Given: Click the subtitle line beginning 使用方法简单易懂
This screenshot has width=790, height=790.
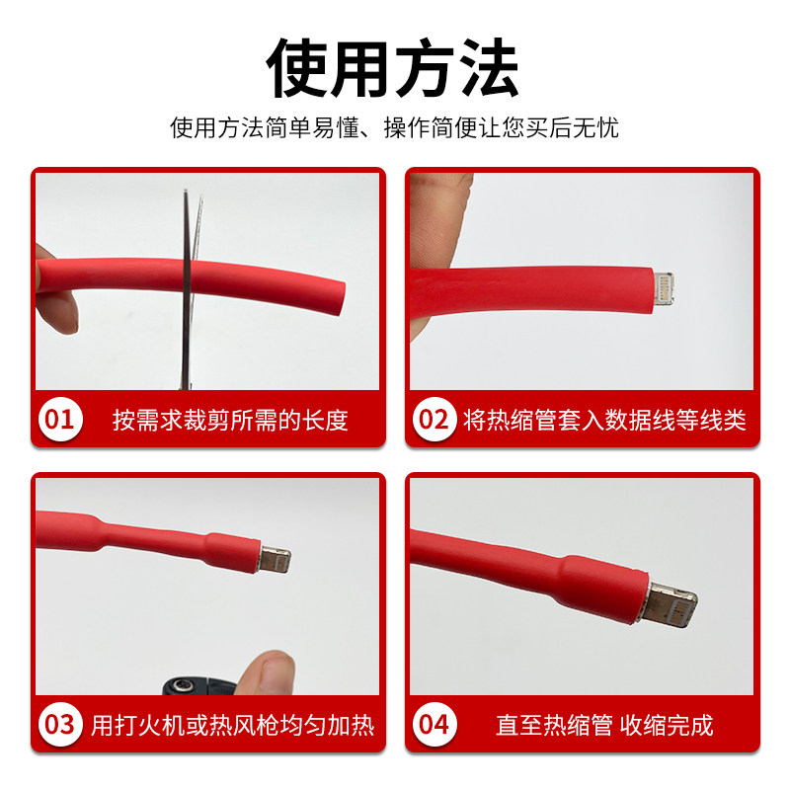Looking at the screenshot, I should pyautogui.click(x=394, y=128).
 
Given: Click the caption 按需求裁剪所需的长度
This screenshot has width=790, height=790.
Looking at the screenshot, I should pyautogui.click(x=230, y=421).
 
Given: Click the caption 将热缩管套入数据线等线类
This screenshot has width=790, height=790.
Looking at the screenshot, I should pyautogui.click(x=604, y=421).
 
